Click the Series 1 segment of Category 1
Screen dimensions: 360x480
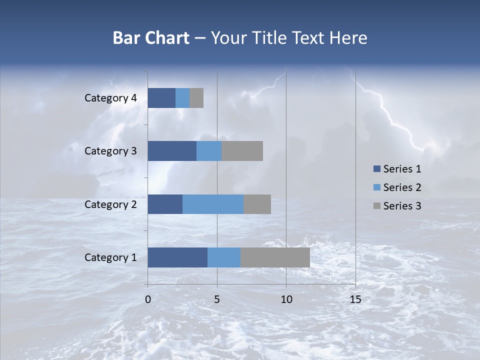(x=177, y=257)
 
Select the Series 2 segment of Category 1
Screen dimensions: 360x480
(x=224, y=257)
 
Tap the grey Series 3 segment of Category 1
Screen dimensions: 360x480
(x=275, y=257)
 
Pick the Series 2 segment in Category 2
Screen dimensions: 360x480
(x=213, y=204)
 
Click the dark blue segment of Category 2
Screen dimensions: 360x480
(x=165, y=204)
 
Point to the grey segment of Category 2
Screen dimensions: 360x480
(x=257, y=204)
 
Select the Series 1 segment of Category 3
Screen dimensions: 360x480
(x=172, y=151)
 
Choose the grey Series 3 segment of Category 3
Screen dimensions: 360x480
(x=242, y=151)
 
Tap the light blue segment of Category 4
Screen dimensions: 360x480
(x=182, y=98)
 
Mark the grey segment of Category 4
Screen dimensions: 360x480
(x=196, y=98)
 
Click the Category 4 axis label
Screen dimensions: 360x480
(x=110, y=98)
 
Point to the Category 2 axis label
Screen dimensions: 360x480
(x=110, y=204)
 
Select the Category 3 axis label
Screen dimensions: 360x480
(x=110, y=151)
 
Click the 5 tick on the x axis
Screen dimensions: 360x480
(x=217, y=299)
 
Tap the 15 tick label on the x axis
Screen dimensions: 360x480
(x=355, y=299)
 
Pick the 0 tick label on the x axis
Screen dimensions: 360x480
(x=148, y=299)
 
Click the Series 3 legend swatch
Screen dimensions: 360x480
(x=376, y=206)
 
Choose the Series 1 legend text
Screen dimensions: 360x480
(x=402, y=169)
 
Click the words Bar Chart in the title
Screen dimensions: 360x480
(x=151, y=38)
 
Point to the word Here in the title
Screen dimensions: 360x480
(x=348, y=38)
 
